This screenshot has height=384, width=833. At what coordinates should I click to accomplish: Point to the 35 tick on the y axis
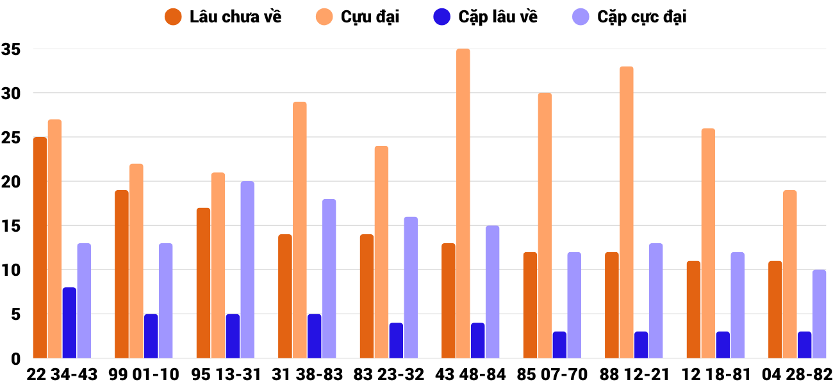pos(12,49)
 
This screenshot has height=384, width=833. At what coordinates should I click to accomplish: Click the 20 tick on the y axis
pos(12,182)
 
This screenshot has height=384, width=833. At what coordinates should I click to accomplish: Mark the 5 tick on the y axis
pos(15,314)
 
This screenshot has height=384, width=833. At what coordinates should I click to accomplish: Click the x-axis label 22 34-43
pos(62,374)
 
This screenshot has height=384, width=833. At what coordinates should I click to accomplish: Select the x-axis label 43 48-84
pos(470,374)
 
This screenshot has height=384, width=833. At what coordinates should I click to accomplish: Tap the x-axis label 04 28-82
pos(797,374)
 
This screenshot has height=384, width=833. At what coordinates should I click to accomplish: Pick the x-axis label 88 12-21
pos(634,374)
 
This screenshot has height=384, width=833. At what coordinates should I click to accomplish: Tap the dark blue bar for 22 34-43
pos(69,323)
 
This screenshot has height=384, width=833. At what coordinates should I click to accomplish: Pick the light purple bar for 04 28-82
pos(819,314)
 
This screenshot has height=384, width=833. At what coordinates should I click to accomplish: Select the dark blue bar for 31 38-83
pos(314,336)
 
